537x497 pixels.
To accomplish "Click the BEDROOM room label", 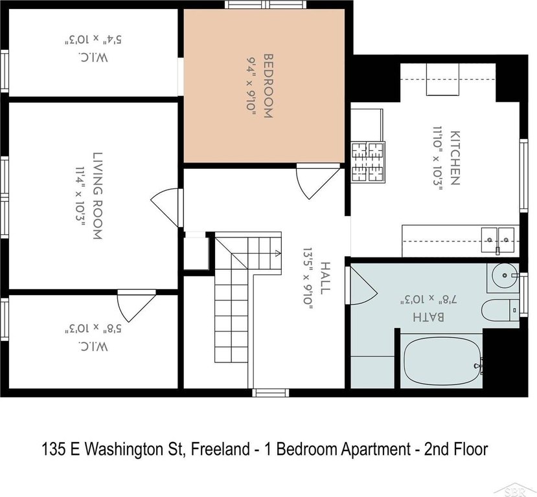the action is click(268, 86).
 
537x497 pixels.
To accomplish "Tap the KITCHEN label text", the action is click(455, 158).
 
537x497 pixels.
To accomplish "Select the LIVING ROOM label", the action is click(98, 195).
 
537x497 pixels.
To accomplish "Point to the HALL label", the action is click(325, 278).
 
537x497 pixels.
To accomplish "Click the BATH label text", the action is click(428, 316).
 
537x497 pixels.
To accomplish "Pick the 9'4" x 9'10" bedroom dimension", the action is click(252, 87).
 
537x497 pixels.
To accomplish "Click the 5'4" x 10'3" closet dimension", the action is click(93, 39).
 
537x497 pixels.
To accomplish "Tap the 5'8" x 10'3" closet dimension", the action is click(93, 329).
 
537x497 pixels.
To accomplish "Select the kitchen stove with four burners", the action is click(368, 162).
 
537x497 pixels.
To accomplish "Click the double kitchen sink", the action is click(497, 240).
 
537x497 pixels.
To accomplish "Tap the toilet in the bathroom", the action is click(500, 310).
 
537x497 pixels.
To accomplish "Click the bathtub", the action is click(442, 361).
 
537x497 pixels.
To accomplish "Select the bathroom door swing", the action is click(362, 285).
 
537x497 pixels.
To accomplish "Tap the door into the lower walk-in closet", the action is click(136, 306).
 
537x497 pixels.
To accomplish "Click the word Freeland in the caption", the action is click(220, 448).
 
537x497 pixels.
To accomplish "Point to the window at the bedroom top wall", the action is click(266, 5).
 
